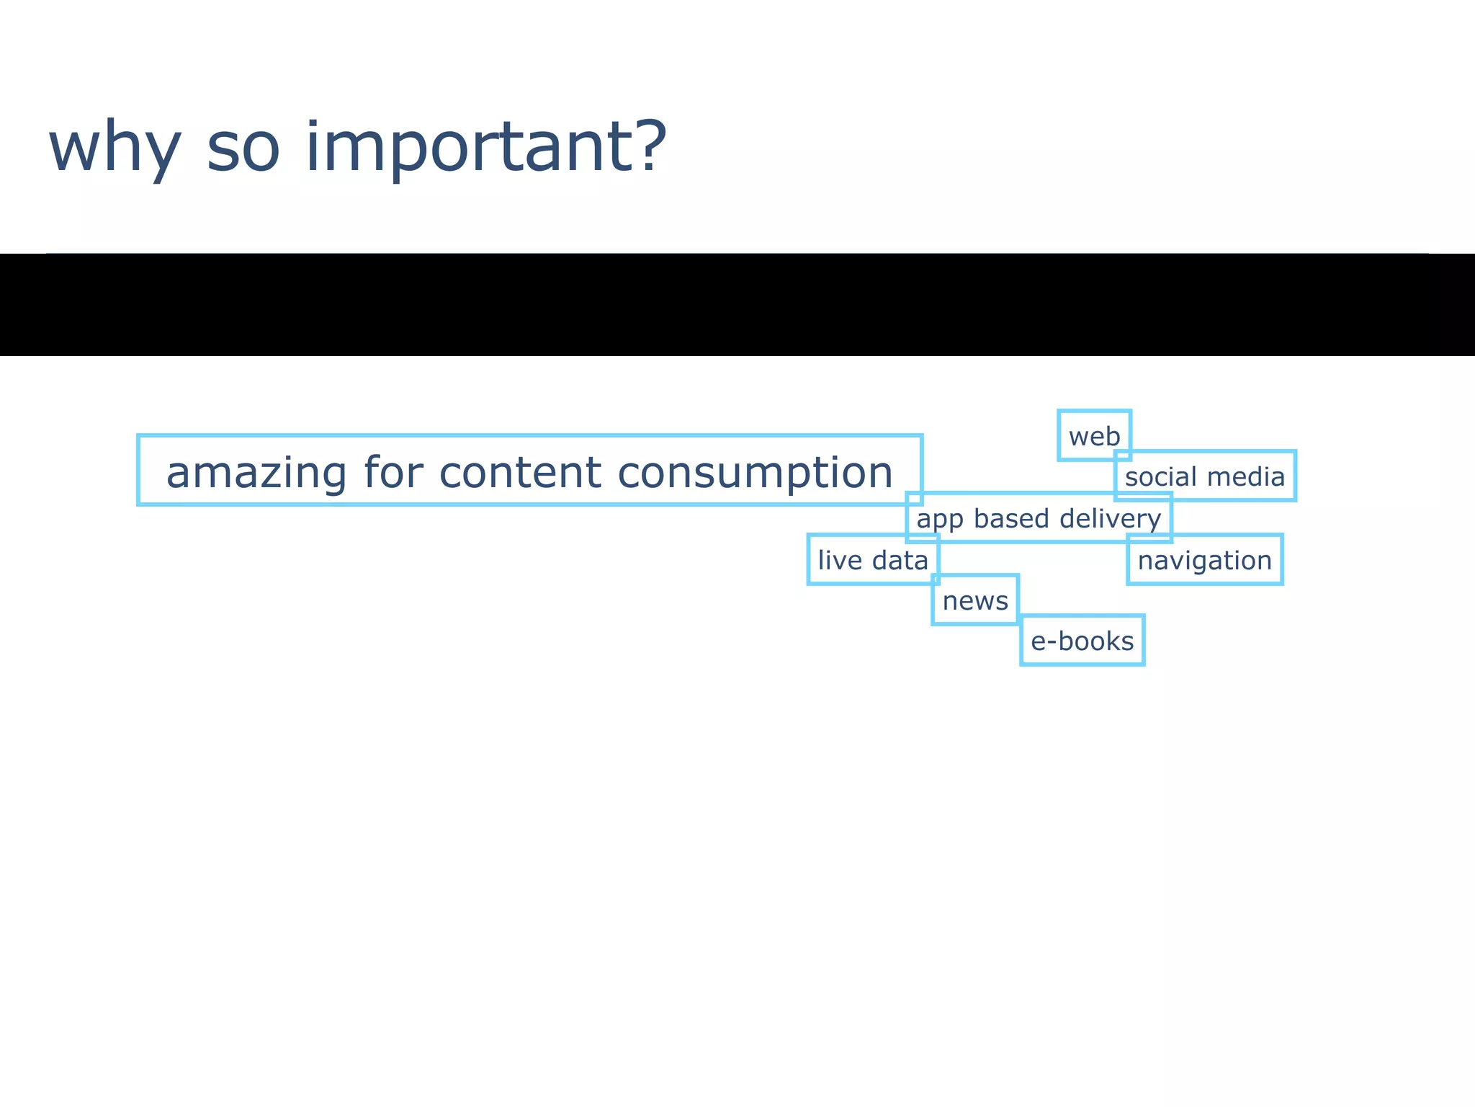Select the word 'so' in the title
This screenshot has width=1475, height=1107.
point(243,148)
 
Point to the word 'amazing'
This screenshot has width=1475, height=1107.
point(256,474)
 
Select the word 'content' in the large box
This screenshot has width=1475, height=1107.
point(519,472)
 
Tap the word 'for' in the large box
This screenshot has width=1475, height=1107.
point(393,472)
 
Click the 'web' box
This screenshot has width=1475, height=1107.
point(1094,436)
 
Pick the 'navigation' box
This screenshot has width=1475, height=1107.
point(1204,560)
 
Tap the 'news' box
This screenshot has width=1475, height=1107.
point(975,600)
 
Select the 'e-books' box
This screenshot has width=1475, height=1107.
point(1082,641)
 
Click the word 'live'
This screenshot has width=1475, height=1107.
point(840,560)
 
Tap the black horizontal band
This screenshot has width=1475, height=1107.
point(737,304)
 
